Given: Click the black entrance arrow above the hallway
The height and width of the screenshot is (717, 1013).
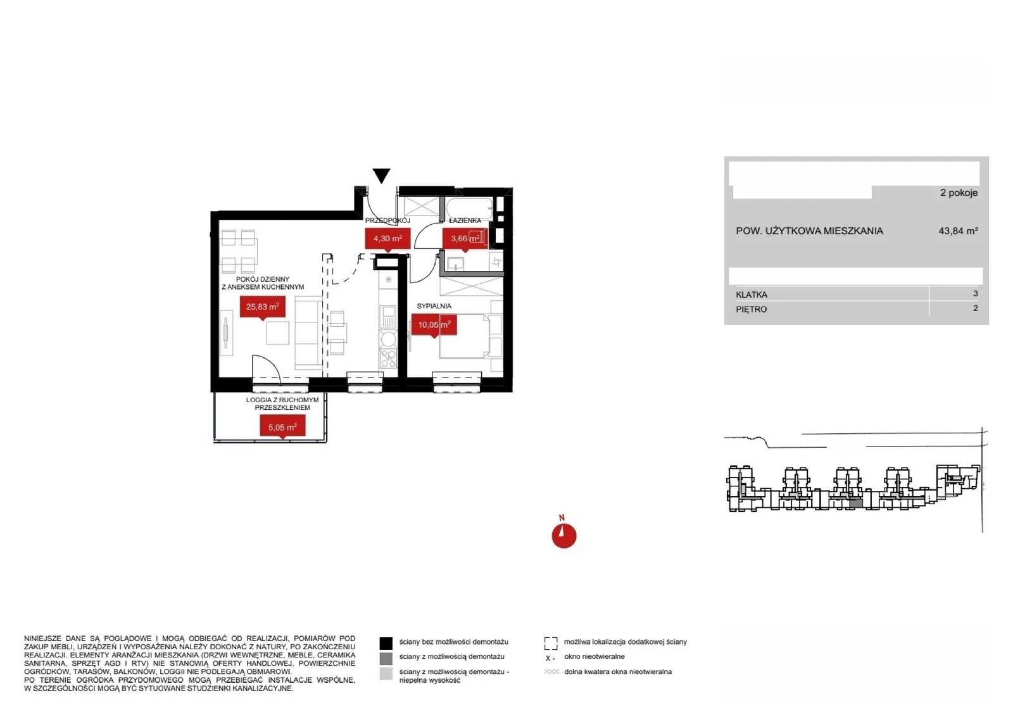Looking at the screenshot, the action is click(382, 175).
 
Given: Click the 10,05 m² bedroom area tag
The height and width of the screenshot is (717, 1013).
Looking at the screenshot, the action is click(434, 326).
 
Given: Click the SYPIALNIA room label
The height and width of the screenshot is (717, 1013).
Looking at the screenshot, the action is click(434, 307).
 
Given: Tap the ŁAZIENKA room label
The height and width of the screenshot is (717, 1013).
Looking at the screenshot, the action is click(465, 220).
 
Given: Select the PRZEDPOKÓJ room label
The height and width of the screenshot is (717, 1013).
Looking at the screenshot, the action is click(387, 220).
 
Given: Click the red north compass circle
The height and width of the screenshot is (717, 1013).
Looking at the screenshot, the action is click(564, 536).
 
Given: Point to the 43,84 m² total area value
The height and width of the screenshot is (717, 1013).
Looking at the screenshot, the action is click(959, 231).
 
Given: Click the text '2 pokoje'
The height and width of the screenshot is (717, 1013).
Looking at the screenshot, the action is click(959, 193).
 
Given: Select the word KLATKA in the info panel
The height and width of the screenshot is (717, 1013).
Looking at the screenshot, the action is click(752, 295).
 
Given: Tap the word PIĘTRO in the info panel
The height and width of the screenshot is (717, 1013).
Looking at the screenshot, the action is click(751, 310).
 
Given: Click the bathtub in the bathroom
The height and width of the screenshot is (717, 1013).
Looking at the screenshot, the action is click(470, 209).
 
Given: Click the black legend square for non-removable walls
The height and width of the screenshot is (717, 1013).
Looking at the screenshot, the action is click(386, 644).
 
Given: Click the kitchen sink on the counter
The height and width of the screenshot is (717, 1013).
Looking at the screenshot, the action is click(388, 316).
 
